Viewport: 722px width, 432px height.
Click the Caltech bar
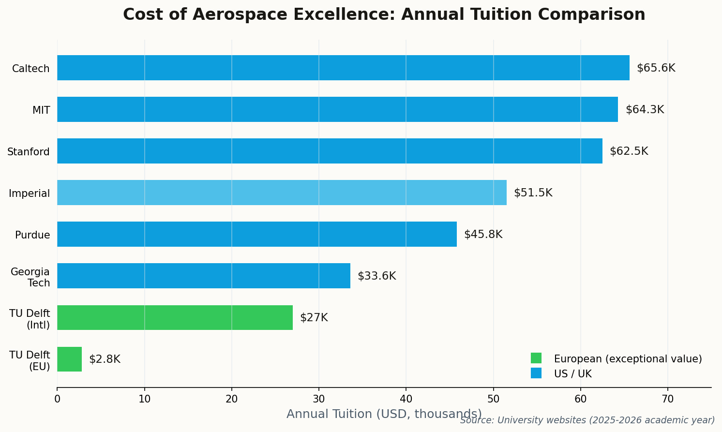343,68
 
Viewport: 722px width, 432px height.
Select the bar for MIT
337,109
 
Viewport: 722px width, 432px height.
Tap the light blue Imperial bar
282,193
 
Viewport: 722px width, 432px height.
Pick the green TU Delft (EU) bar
69,359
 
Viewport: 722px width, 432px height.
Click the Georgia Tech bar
204,276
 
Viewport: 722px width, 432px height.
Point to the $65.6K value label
656,68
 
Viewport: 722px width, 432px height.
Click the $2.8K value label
105,359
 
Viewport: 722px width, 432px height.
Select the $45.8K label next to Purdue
483,235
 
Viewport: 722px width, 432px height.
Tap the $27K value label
314,318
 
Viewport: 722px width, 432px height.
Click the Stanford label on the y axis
29,152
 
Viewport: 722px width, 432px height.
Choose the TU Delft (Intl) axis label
30,319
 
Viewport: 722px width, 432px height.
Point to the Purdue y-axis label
32,235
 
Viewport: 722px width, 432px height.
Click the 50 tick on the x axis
493,399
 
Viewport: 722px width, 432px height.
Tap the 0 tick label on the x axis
57,399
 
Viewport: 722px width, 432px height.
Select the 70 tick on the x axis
667,399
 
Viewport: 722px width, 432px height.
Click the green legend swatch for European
536,358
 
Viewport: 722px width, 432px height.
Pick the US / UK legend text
572,374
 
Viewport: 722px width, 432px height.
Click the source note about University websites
587,420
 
